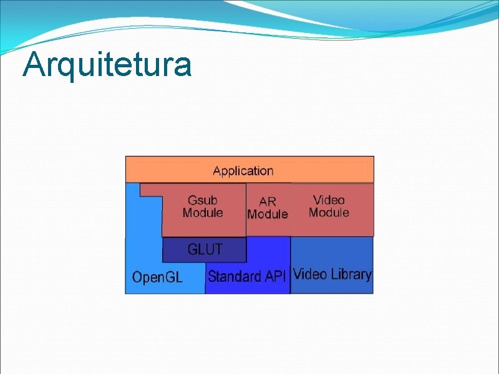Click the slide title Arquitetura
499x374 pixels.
(x=107, y=64)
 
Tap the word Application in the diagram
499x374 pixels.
(x=243, y=171)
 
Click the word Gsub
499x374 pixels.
(x=203, y=200)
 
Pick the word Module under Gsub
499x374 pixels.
(x=203, y=213)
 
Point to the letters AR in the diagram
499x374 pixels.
(x=268, y=201)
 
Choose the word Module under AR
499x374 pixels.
(x=268, y=214)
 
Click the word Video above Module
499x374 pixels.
(x=329, y=200)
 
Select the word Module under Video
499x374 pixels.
(x=329, y=213)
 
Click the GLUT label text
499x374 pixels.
(x=205, y=249)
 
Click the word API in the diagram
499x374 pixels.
(x=274, y=276)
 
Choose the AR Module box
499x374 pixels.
(x=268, y=226)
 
